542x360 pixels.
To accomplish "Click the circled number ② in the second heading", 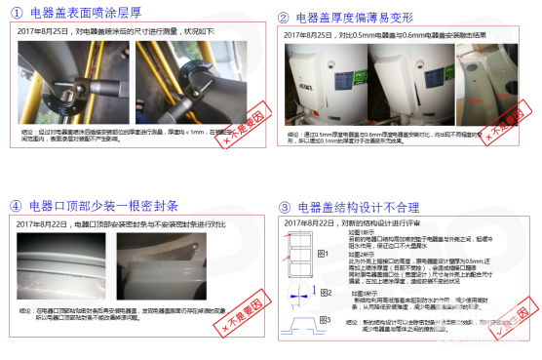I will point(284,17).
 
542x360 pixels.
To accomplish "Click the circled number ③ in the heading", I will point(284,207).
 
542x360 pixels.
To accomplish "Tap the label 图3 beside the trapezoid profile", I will point(322,319).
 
